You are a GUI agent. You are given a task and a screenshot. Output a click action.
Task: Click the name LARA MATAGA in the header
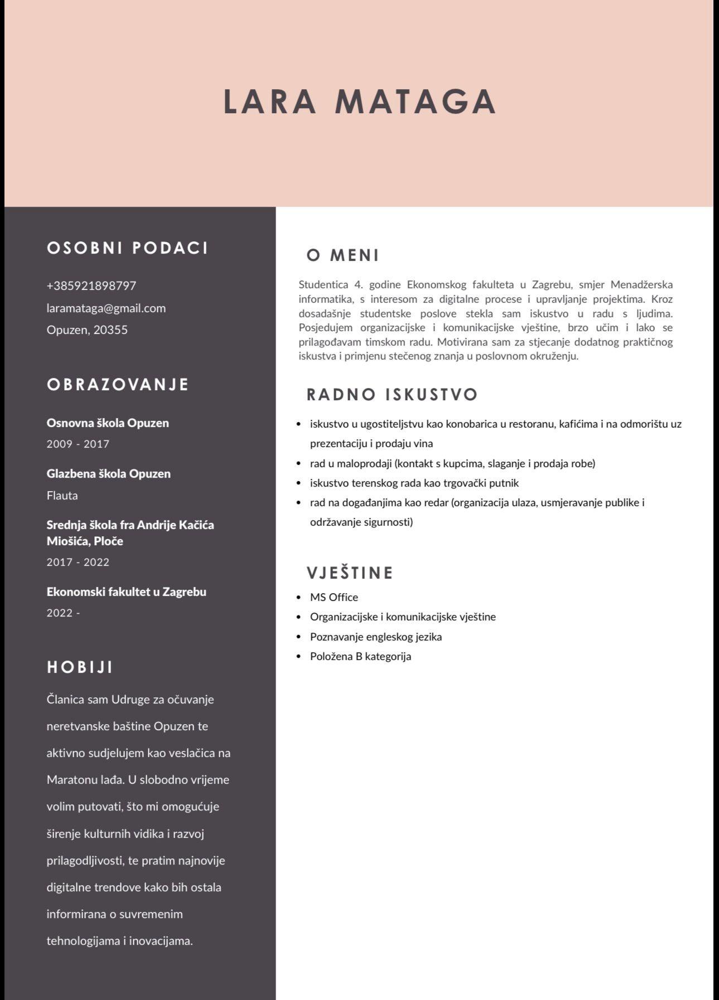coord(359,101)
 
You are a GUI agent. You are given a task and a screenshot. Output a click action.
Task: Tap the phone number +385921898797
coord(91,286)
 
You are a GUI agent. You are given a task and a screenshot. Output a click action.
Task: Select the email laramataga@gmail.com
coord(106,308)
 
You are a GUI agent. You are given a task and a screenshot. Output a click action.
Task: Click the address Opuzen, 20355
coord(87,330)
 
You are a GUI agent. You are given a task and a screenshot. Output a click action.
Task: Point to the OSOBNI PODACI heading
coord(128,248)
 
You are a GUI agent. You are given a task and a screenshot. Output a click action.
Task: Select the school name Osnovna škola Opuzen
coord(108,423)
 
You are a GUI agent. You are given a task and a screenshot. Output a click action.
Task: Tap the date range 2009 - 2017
coord(78,444)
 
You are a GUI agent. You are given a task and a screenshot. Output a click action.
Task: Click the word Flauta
coord(62,496)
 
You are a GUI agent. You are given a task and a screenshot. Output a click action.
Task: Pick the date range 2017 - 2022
coord(78,562)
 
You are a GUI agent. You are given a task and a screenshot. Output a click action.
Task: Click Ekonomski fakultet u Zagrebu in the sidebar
coord(127,592)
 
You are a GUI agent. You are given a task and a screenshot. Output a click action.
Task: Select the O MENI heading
coord(343,255)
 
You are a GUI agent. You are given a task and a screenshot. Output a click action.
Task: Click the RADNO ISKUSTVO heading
coord(392,395)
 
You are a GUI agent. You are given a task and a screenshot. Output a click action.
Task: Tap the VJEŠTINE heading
coord(350,573)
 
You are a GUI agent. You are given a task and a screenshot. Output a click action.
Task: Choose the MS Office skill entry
coord(334,598)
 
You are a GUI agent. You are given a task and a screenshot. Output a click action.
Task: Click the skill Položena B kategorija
coord(360,657)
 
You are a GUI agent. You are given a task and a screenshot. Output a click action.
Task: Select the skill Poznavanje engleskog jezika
coord(376,637)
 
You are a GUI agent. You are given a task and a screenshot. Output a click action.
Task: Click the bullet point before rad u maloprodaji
coord(299,464)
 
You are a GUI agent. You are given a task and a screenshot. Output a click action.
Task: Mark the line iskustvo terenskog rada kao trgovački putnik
coord(414,483)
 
